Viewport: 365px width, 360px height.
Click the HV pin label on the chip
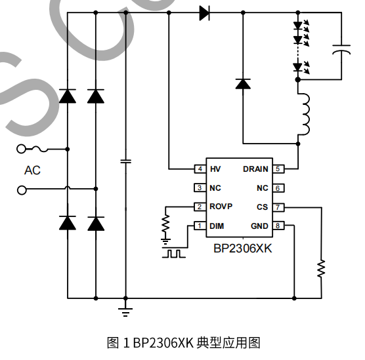tap(215, 169)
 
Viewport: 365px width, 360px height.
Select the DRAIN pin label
tap(255, 169)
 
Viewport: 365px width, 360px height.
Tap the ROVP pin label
tap(221, 207)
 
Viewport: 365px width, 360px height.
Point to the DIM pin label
tap(217, 226)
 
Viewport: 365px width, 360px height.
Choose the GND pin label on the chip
tap(259, 226)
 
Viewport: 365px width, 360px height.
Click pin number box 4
tap(199, 169)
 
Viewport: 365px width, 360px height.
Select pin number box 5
tap(278, 169)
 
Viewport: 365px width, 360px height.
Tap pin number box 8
tap(278, 226)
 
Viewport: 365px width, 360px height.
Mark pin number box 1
tap(199, 226)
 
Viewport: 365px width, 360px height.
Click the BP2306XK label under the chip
tap(242, 249)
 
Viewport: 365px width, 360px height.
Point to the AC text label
tap(32, 170)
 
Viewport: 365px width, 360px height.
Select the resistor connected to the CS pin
tap(321, 268)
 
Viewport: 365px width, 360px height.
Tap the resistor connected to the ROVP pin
tap(166, 225)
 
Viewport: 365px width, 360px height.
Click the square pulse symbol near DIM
tap(175, 252)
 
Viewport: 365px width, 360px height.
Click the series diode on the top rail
tap(204, 12)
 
